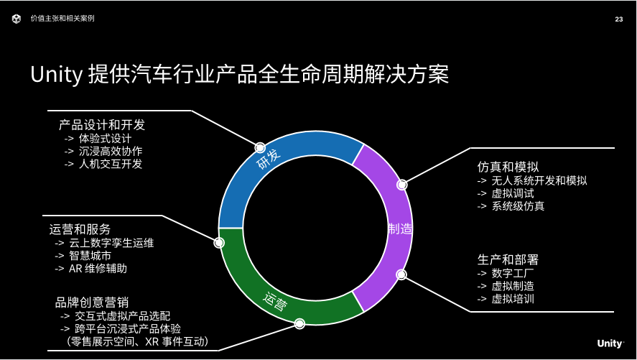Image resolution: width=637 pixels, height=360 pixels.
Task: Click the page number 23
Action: coord(619,19)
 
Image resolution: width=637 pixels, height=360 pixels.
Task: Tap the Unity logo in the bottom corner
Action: coord(610,343)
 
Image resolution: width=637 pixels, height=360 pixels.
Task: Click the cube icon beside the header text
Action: coord(17,19)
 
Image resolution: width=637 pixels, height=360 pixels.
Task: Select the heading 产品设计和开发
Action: coord(101,125)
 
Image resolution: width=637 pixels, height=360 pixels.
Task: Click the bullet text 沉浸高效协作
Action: coord(111,151)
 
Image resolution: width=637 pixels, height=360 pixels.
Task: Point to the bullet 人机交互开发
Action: coord(111,164)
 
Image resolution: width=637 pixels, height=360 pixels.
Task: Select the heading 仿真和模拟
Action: coord(508,167)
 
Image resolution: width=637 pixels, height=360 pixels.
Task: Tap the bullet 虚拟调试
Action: coord(513,193)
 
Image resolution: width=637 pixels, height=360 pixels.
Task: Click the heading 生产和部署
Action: coord(508,259)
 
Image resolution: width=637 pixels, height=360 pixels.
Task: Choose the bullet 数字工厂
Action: coord(513,274)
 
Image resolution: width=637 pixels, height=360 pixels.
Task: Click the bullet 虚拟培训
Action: coord(513,299)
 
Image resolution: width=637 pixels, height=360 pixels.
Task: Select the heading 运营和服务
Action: coord(80,229)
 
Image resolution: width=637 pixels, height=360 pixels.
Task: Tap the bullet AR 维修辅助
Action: coord(98,269)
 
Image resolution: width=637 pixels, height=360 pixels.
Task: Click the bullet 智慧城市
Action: coord(90,256)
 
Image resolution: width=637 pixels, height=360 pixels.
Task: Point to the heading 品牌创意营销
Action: coord(92,303)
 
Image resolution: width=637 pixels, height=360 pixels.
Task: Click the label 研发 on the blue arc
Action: coord(269,159)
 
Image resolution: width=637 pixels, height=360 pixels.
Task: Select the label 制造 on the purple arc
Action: coord(400,229)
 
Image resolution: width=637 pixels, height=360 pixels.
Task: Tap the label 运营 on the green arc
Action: coord(275,300)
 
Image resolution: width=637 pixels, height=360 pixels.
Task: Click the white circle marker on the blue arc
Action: coord(260,147)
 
